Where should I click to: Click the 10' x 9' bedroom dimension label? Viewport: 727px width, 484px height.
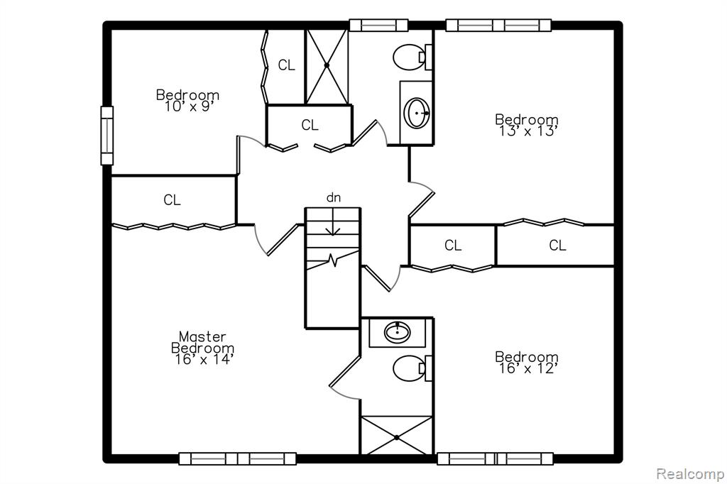pos(188,106)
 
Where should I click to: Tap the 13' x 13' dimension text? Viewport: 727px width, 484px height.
pos(528,131)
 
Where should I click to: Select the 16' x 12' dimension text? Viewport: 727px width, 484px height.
pos(528,368)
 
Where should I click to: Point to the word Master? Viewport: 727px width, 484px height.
pos(202,336)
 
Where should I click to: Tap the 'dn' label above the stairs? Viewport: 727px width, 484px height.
pos(334,197)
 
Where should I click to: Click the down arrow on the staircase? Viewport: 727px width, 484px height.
pos(333,222)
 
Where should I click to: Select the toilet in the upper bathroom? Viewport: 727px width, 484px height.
pos(412,57)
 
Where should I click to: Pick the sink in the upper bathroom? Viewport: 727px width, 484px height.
pos(417,113)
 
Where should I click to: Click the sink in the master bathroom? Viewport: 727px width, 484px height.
pos(398,332)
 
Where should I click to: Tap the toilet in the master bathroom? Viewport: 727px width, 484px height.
pos(412,368)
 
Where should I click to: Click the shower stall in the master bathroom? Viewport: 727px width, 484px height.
pos(396,436)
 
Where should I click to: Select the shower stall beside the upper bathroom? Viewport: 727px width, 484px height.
pos(327,67)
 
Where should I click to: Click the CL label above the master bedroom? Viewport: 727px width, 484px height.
pos(172,200)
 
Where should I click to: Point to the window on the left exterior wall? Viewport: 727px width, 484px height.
pos(107,136)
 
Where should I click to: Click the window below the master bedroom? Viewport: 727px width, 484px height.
pos(237,459)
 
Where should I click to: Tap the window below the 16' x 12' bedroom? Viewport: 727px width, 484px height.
pos(495,459)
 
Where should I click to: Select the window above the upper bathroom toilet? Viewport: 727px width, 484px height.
pos(378,25)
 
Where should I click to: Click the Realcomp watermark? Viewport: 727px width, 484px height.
pos(690,474)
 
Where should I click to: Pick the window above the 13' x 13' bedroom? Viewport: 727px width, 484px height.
pos(498,25)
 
